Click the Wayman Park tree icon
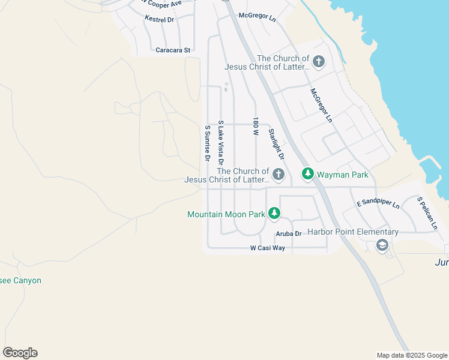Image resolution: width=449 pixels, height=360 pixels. pos(307,174)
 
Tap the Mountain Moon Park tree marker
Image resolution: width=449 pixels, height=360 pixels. pos(274,213)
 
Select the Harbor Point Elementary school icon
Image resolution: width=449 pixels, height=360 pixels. pos(382,245)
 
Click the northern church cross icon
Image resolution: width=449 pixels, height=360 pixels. pos(318,61)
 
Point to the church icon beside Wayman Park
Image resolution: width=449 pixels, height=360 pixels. pos(278,174)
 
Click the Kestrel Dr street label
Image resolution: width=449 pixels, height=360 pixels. pos(159,19)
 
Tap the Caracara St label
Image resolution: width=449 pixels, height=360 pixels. pos(173,50)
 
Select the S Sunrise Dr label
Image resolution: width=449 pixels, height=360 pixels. pos(207,143)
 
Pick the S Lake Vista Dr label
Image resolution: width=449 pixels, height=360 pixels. pos(221,143)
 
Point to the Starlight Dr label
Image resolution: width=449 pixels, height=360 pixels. pos(276,143)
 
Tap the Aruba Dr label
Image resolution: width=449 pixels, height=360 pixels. pos(288,233)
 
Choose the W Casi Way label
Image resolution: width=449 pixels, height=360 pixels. pos(268,248)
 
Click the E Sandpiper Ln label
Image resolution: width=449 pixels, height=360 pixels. pos(378,204)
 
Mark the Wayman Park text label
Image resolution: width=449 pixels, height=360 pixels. pos(343,175)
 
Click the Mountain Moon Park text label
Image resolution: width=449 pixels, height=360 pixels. pos(226,214)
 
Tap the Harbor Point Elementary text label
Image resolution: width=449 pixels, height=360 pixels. pos(353,232)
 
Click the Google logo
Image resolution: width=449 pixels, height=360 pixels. pos(20,353)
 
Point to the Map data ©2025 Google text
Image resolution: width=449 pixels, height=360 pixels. pos(411,355)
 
